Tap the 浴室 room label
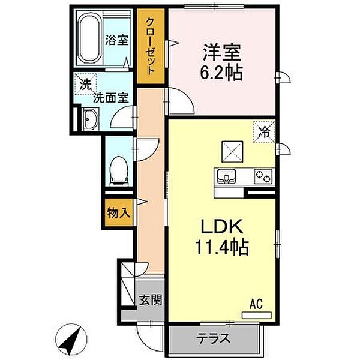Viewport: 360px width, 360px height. click(x=117, y=41)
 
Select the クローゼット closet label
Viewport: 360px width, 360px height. click(x=149, y=45)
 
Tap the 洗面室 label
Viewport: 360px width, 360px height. click(x=111, y=97)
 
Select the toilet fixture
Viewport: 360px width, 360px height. click(x=119, y=169)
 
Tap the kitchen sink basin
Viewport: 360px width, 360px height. click(x=226, y=176)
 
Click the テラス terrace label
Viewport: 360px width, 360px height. click(x=213, y=338)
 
